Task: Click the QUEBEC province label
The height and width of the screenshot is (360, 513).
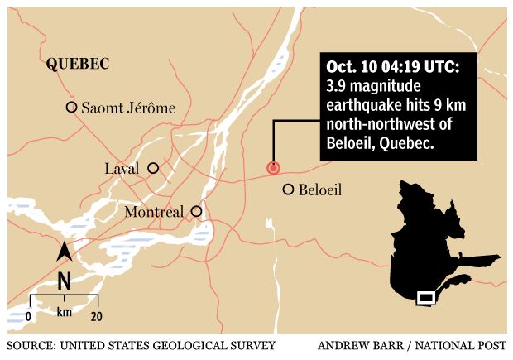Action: click(x=79, y=63)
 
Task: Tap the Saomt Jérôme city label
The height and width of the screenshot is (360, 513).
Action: click(x=128, y=108)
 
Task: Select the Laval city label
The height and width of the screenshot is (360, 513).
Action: click(x=121, y=169)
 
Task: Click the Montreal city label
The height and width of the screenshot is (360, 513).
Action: click(x=154, y=213)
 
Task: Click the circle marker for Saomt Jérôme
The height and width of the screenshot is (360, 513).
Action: click(x=72, y=107)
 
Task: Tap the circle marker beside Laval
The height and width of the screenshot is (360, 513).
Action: click(x=152, y=168)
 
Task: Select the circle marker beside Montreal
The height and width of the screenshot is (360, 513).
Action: click(x=196, y=211)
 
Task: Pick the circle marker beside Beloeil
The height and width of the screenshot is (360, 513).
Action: click(x=288, y=190)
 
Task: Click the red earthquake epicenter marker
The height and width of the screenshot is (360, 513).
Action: click(x=273, y=168)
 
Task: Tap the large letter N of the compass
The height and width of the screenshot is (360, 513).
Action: click(x=64, y=281)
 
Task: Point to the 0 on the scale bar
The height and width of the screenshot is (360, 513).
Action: click(x=29, y=315)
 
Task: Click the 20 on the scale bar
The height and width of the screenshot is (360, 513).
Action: click(x=96, y=315)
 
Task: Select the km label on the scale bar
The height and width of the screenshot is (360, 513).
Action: click(x=65, y=313)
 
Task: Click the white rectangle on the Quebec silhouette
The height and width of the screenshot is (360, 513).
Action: click(x=425, y=297)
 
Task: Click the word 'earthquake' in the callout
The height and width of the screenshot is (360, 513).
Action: click(x=368, y=106)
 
